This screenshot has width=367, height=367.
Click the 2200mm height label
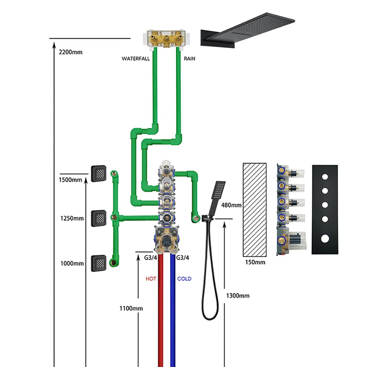71,52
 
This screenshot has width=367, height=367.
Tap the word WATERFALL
135,59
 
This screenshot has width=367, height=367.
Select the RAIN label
189,59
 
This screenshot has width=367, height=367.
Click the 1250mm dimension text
72,218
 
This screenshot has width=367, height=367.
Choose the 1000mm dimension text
72,263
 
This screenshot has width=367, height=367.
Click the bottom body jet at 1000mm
98,263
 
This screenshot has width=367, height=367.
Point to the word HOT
151,279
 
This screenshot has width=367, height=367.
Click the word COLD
184,279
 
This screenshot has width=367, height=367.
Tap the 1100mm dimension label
131,308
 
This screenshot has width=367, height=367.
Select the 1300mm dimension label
238,296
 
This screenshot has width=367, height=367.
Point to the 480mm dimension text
231,205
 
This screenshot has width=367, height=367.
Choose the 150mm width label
255,262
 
